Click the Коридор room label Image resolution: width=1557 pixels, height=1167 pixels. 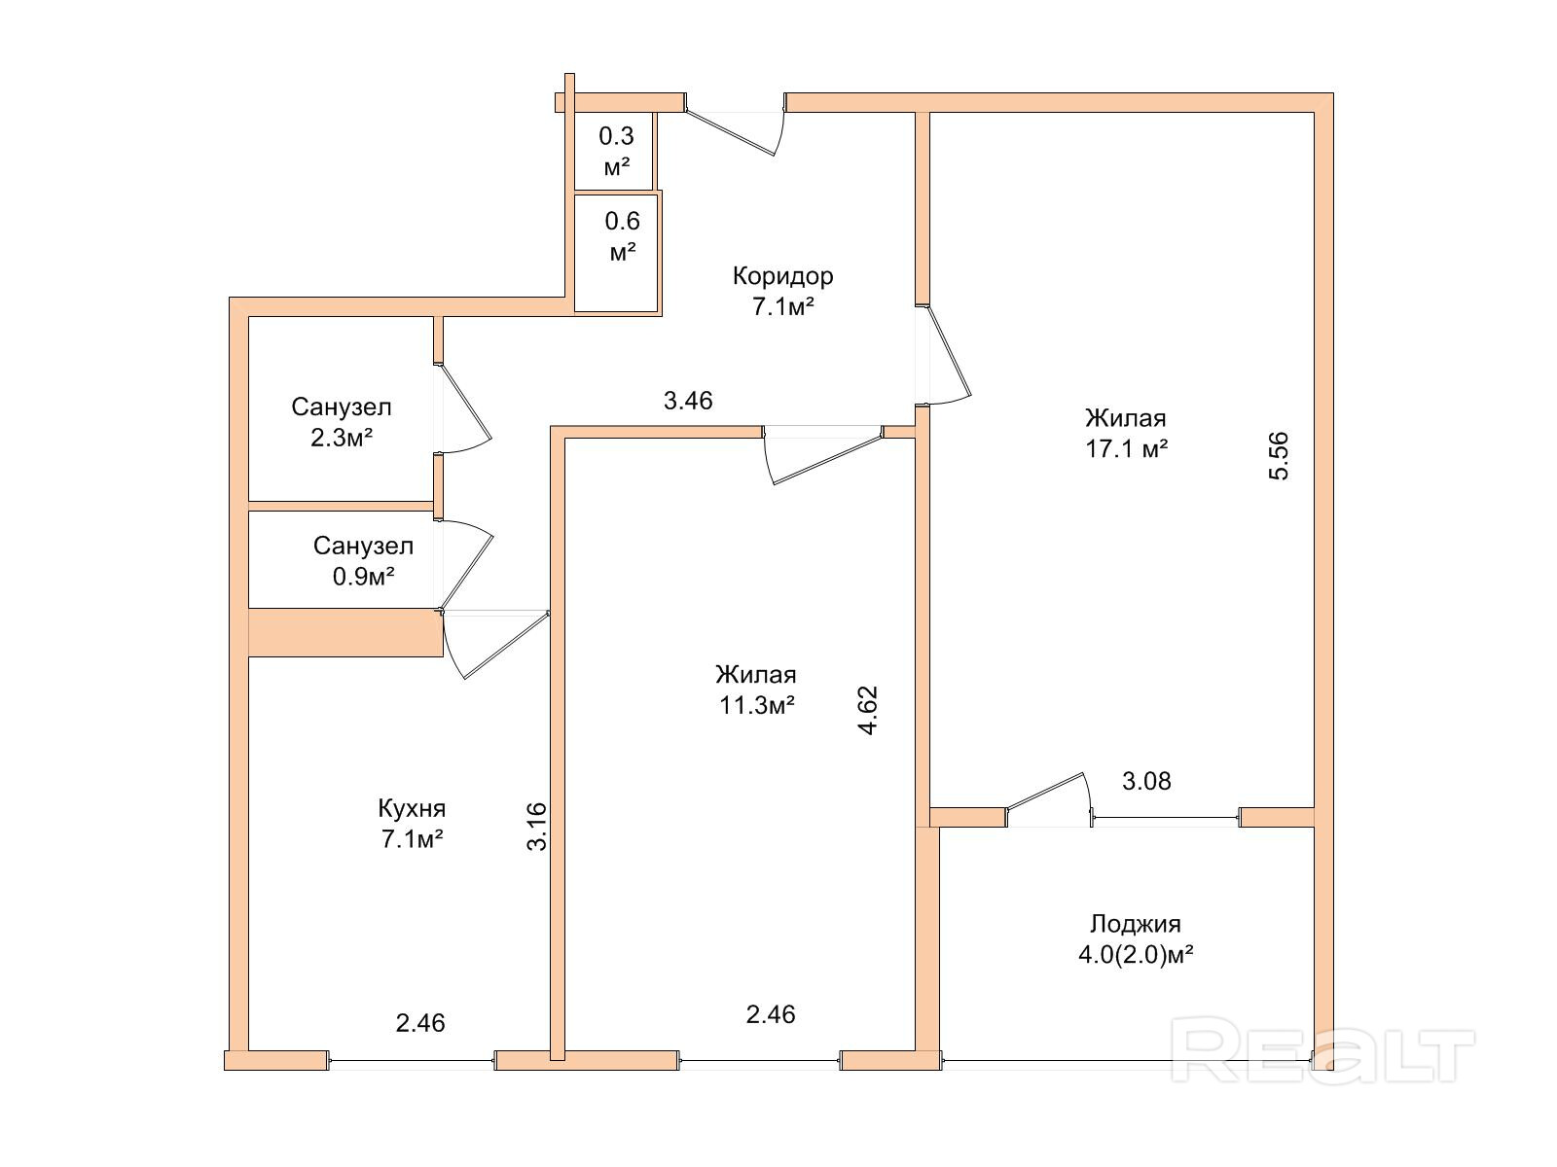click(x=782, y=275)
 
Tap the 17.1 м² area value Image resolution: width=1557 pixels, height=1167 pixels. click(x=1127, y=449)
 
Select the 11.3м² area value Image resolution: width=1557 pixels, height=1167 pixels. click(x=757, y=705)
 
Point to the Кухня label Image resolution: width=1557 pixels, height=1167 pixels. click(x=412, y=809)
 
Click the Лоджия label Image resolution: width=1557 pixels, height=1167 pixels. click(x=1136, y=924)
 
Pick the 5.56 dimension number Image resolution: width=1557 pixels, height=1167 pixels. click(x=1278, y=456)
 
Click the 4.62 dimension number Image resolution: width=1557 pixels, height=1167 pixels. click(x=868, y=710)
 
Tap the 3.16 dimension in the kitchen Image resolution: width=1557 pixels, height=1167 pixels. click(x=537, y=827)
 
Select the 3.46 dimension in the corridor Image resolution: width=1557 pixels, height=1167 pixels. click(x=688, y=401)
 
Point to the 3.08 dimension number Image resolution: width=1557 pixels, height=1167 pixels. click(x=1146, y=781)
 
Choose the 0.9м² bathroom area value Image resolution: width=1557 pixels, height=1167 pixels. click(x=363, y=577)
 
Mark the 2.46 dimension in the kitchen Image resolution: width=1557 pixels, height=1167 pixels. click(x=420, y=1023)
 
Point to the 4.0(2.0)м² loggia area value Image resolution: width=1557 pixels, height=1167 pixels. click(x=1136, y=955)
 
